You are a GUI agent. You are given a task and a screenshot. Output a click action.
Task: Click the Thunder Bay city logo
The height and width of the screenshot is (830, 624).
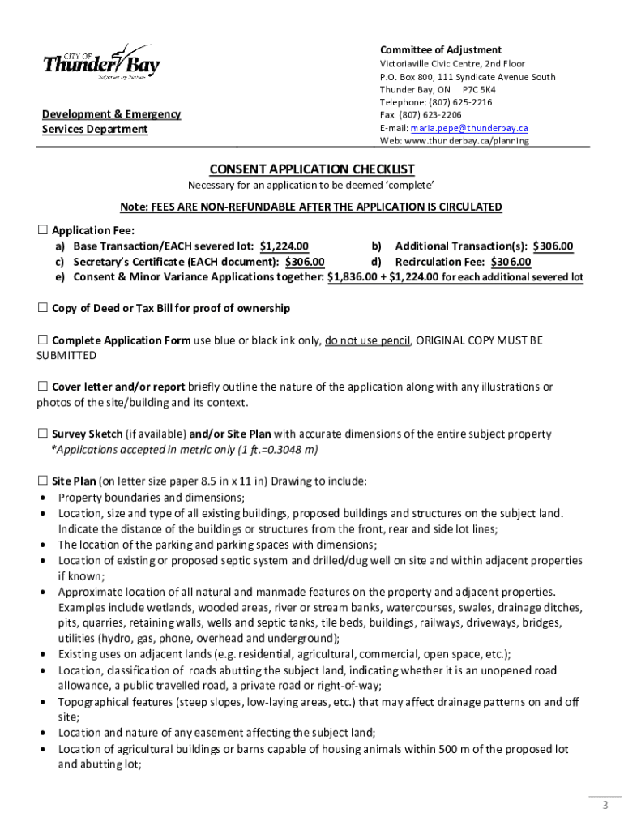[x=100, y=62]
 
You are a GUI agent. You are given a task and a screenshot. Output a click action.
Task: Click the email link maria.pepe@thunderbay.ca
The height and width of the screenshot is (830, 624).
[x=469, y=128]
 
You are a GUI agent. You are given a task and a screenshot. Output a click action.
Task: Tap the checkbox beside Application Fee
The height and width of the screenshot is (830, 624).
[x=43, y=230]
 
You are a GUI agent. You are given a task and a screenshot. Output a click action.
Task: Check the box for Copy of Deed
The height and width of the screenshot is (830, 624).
[x=43, y=308]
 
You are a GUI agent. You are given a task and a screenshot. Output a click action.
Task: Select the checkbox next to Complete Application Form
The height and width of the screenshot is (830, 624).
[x=43, y=340]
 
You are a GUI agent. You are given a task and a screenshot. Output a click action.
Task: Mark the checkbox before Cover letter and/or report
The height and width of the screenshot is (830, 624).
[x=43, y=387]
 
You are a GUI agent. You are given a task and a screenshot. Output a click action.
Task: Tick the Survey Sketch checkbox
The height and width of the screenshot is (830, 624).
[x=43, y=434]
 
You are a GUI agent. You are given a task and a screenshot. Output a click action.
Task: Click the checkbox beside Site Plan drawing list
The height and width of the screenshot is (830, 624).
[x=43, y=481]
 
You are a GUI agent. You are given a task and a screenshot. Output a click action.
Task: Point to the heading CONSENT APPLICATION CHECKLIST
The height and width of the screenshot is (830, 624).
[x=312, y=169]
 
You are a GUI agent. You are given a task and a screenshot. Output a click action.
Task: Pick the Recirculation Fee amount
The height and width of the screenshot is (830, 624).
[x=510, y=262]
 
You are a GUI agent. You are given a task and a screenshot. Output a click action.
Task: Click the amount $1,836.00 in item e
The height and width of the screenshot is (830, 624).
[x=353, y=277]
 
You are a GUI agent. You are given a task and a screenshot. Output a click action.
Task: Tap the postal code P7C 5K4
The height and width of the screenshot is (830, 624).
[x=478, y=89]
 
